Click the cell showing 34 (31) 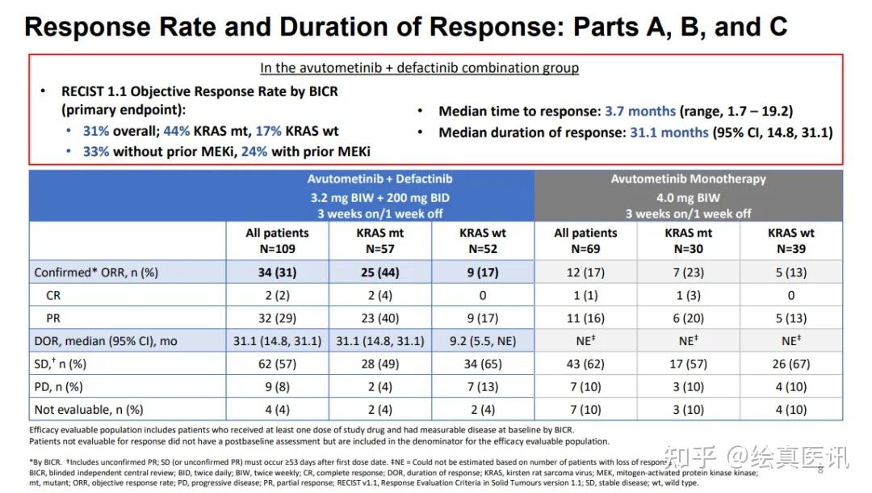[277, 272]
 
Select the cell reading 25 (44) [379, 272]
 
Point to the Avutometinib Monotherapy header [688, 179]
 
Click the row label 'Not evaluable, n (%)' [89, 410]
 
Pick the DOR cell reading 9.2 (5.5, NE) [483, 341]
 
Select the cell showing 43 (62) [585, 364]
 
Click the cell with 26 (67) [790, 364]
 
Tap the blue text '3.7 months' [640, 112]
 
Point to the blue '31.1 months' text [669, 133]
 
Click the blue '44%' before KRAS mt [176, 131]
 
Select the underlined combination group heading [419, 68]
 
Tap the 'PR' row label [53, 318]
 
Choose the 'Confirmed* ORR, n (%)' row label [96, 272]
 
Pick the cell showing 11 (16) [585, 318]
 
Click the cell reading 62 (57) [277, 364]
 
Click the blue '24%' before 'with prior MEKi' [254, 152]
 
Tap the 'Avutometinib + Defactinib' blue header [379, 179]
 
